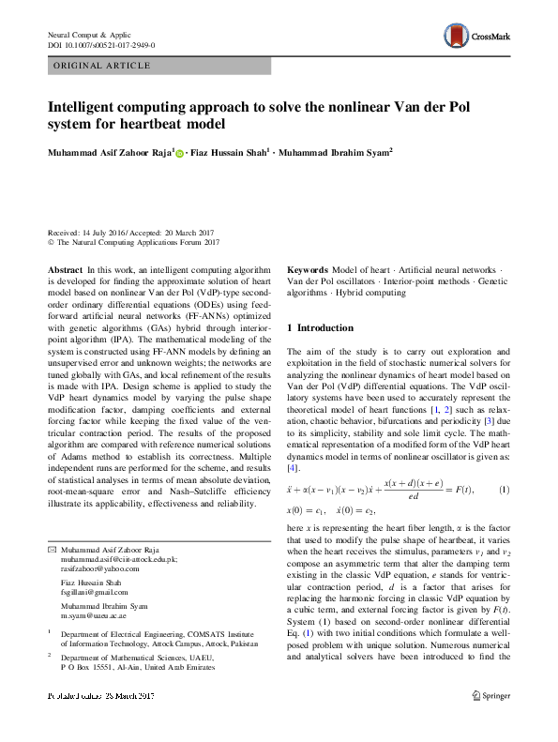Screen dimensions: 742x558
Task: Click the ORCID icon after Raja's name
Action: tap(178, 153)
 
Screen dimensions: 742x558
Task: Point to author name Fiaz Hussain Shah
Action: tap(228, 152)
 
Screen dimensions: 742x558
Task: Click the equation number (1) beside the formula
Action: tap(504, 491)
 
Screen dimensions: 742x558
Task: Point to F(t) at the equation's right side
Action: tap(462, 491)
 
